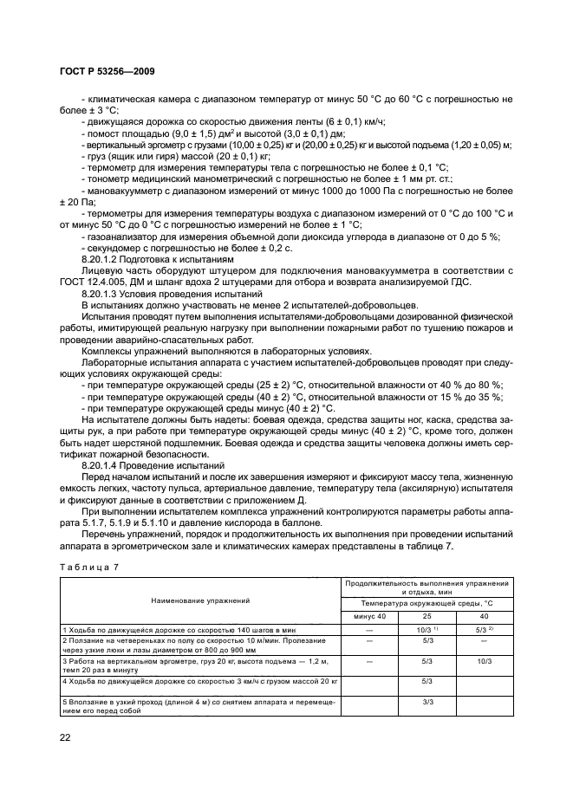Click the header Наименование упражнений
pyautogui.click(x=200, y=599)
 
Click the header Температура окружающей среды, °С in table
pyautogui.click(x=426, y=602)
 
